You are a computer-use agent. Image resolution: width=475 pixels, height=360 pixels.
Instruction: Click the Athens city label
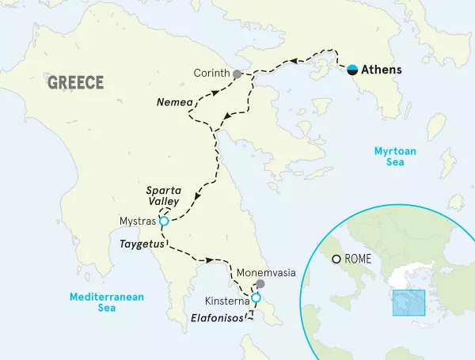(381, 70)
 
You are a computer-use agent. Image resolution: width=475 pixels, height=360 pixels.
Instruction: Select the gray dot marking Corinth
(236, 74)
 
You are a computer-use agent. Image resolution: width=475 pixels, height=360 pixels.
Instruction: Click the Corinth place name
(211, 74)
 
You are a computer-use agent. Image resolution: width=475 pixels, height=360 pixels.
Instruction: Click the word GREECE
(76, 83)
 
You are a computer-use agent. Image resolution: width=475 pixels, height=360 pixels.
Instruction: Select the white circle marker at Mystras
(164, 222)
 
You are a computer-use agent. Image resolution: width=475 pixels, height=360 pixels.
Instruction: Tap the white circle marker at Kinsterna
(254, 298)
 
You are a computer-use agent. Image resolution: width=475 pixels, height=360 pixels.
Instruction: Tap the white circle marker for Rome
(337, 259)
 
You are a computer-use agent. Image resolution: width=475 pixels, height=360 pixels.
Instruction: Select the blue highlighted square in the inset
(408, 304)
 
